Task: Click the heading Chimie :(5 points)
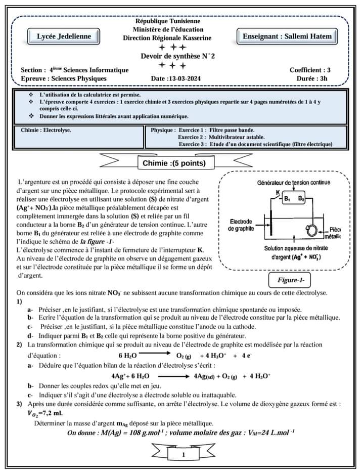[x=174, y=163]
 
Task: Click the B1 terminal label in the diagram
[x=287, y=198]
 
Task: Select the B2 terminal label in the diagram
[x=301, y=198]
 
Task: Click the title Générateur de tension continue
[x=294, y=182]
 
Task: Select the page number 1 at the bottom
[x=183, y=456]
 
